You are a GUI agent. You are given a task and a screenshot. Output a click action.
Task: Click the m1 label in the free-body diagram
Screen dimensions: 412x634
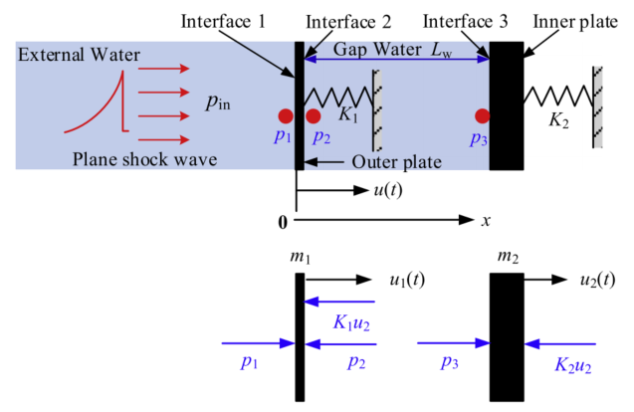[301, 259]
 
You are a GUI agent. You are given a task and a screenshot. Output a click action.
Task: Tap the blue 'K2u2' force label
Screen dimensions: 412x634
[574, 367]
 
